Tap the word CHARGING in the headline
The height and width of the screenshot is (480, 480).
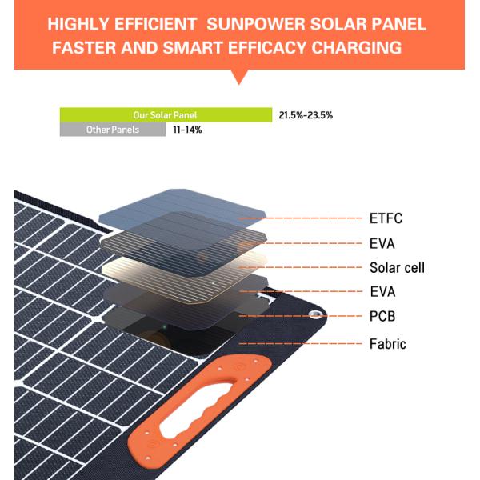point(356,48)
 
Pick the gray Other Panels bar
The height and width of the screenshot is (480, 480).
point(113,130)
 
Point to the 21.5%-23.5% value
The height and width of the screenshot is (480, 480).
point(306,115)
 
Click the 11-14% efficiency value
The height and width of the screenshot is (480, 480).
point(187,130)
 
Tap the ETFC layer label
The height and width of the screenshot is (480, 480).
point(386,218)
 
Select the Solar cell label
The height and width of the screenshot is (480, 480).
point(397,267)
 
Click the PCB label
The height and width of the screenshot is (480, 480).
point(382,317)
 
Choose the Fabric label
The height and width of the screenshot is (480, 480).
point(388,344)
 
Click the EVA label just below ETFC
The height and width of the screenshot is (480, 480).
point(382,243)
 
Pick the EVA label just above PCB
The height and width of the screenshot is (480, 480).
point(382,292)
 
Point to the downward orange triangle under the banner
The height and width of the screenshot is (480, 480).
point(239,77)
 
